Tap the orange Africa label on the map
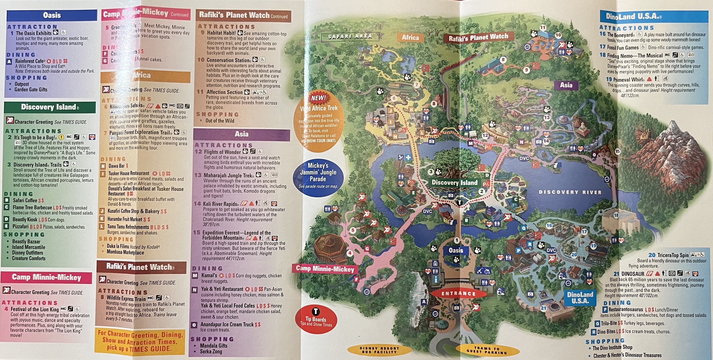[x=410, y=38]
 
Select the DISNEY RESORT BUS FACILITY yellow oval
[x=379, y=350]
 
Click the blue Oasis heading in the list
[x=52, y=15]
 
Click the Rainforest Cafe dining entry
[x=30, y=61]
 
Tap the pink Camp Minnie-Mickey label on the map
[x=325, y=268]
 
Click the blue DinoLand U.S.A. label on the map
[x=580, y=297]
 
